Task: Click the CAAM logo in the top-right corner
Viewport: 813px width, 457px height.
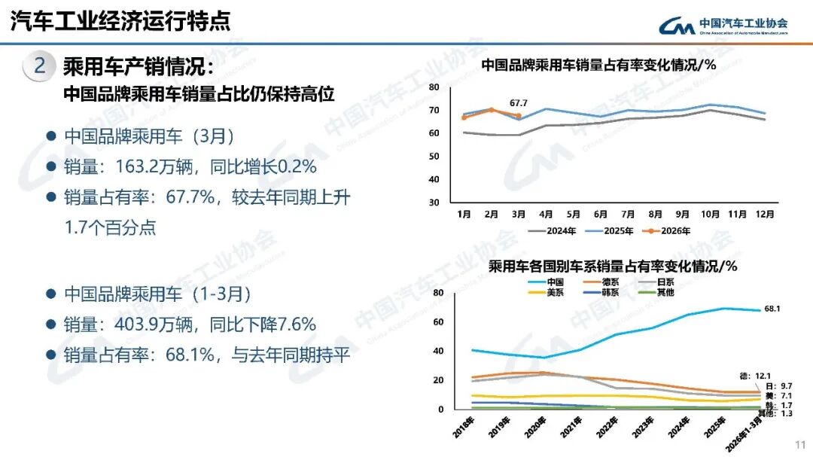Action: tap(723, 26)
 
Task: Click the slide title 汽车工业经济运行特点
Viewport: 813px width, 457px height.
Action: tap(120, 21)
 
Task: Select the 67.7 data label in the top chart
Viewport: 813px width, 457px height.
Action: tap(519, 102)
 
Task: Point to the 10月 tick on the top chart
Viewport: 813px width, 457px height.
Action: tap(709, 214)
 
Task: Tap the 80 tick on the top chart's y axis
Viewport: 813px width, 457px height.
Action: tap(434, 87)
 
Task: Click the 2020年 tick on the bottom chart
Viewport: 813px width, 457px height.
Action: tap(533, 427)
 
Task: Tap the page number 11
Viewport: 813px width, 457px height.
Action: tap(800, 444)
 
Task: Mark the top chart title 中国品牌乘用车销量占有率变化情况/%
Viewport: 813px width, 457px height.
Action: tap(598, 66)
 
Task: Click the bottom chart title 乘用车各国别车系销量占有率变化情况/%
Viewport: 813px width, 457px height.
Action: tap(612, 267)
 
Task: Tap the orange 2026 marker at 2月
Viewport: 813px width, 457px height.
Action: tap(492, 110)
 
